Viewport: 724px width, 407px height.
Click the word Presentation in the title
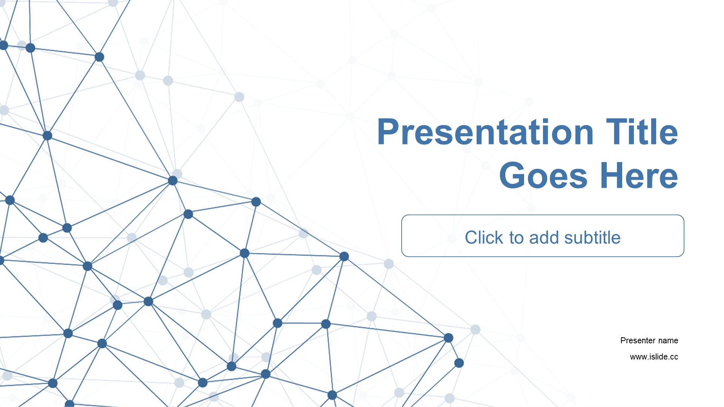pyautogui.click(x=485, y=133)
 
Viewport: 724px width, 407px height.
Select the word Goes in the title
pyautogui.click(x=543, y=175)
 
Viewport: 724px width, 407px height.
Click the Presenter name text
pyautogui.click(x=649, y=341)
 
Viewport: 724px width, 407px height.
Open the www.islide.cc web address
pyautogui.click(x=654, y=357)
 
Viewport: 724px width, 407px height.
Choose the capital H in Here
pyautogui.click(x=612, y=175)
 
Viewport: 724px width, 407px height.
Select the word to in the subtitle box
pyautogui.click(x=516, y=238)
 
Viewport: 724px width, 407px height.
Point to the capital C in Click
pyautogui.click(x=471, y=237)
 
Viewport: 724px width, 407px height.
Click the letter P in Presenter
pyautogui.click(x=623, y=341)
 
